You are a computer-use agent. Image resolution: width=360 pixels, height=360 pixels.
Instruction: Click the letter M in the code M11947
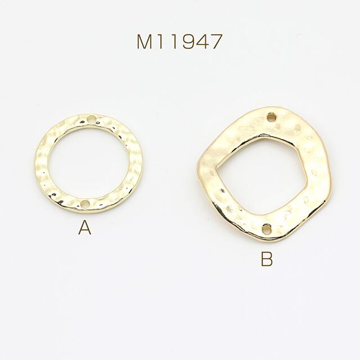point(145,41)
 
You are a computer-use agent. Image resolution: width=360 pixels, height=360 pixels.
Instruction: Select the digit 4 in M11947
point(202,42)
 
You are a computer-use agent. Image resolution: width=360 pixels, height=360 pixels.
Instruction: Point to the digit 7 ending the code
point(216,42)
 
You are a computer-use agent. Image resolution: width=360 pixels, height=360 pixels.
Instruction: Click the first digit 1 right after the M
point(160,42)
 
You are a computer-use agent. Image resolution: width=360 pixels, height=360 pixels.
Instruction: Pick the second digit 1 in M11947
point(174,42)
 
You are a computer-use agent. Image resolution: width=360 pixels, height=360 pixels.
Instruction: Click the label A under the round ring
point(85,227)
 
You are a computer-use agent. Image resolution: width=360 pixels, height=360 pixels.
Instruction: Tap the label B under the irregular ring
point(267,259)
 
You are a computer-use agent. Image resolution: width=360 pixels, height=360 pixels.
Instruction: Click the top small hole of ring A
point(91,119)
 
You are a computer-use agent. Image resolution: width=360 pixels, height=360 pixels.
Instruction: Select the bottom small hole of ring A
point(85,204)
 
